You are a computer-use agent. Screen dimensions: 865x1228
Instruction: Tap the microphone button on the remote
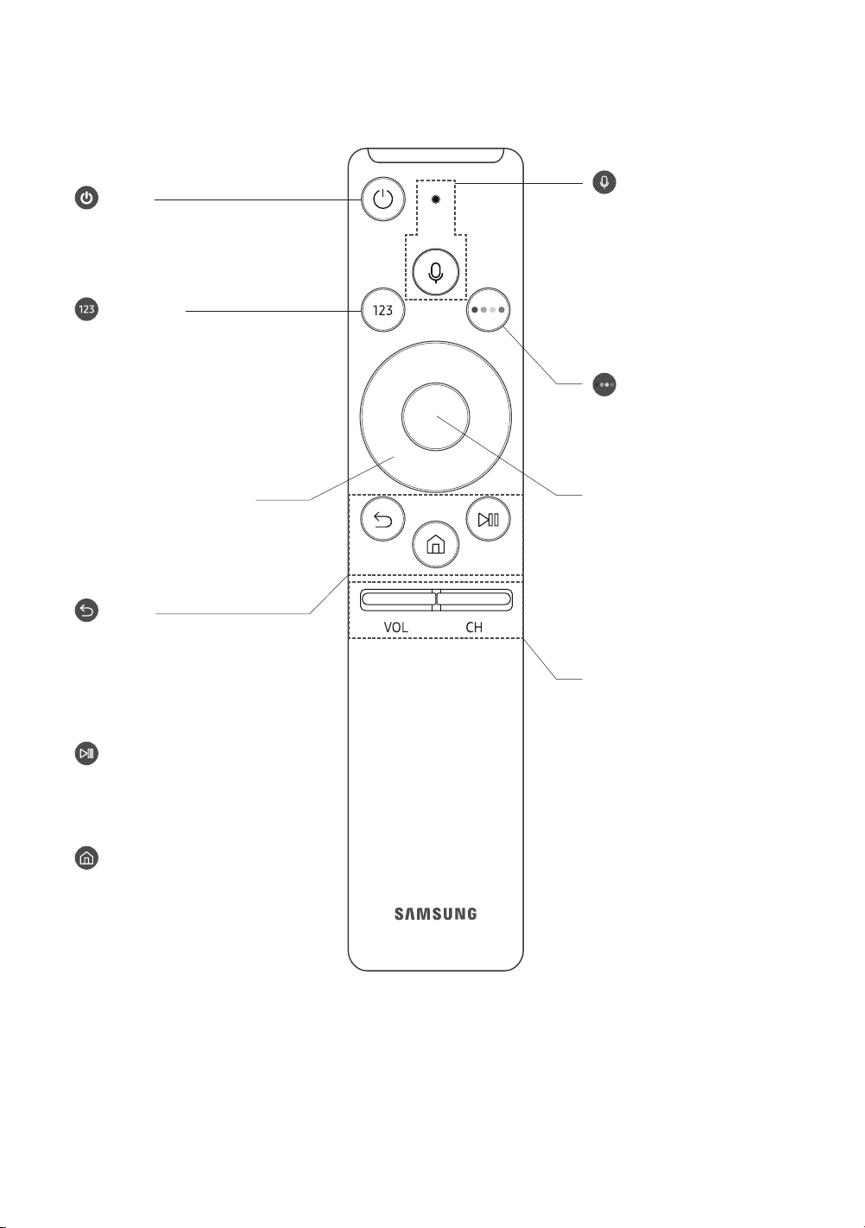point(436,273)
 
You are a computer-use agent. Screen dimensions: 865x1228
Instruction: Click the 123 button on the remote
point(382,310)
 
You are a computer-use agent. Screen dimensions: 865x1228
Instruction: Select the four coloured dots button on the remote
point(488,310)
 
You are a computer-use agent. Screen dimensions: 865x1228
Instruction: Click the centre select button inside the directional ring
point(435,416)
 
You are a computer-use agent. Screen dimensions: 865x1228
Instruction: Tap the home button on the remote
point(436,544)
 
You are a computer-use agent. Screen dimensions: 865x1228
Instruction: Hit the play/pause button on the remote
point(488,519)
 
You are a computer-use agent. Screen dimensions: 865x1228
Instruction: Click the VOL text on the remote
point(395,627)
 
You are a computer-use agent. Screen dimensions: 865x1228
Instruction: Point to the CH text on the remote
point(474,627)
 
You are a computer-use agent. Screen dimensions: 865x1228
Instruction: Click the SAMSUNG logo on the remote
point(436,914)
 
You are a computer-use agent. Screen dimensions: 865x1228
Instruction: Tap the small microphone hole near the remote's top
point(436,199)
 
